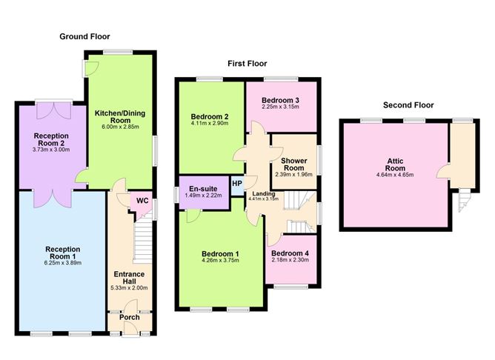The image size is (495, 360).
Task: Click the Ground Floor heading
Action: tap(84, 36)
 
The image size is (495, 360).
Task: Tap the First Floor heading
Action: tap(247, 64)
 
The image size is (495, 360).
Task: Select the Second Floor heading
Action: tap(408, 105)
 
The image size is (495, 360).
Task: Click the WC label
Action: tap(142, 201)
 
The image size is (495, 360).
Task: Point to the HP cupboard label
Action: tap(237, 184)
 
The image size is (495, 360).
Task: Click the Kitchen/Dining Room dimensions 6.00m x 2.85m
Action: tap(120, 127)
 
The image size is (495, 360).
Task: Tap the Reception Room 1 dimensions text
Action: tap(63, 263)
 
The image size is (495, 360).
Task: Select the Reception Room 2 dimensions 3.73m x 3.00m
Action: tap(51, 150)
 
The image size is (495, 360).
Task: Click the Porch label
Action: tap(130, 317)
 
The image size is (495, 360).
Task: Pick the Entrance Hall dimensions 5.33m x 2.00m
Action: tap(129, 287)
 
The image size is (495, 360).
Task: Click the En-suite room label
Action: tap(203, 189)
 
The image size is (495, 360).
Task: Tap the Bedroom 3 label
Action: tap(280, 100)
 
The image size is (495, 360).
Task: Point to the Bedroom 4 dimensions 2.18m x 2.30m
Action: tap(290, 260)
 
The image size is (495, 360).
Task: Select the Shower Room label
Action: tap(294, 164)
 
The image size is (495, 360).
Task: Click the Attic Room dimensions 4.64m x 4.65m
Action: tap(395, 175)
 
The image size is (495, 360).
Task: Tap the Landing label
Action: tap(264, 194)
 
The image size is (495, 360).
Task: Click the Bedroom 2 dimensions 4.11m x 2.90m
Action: tap(210, 124)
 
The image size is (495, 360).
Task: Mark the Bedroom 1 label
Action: tap(220, 254)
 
